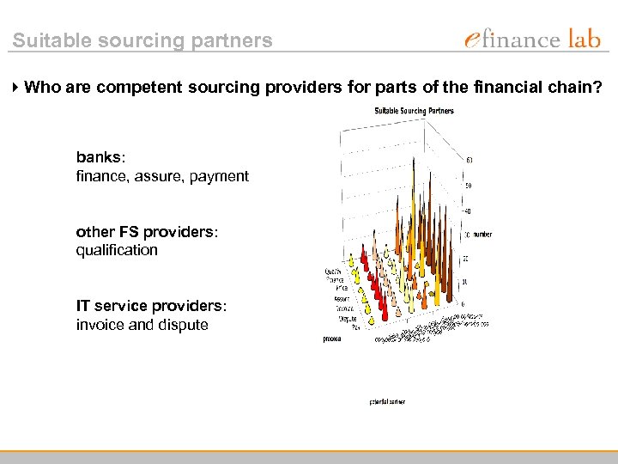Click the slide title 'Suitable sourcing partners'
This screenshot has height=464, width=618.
tap(142, 40)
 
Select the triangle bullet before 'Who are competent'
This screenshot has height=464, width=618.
tap(16, 87)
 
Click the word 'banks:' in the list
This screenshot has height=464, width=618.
tap(100, 158)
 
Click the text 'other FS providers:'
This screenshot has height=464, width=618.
tap(147, 232)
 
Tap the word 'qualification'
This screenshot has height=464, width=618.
tap(117, 250)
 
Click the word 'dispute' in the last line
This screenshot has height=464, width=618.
tap(181, 325)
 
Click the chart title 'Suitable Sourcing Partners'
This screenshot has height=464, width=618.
tap(413, 111)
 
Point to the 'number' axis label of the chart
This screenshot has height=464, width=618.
tap(481, 234)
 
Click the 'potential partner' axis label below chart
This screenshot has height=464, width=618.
tap(387, 401)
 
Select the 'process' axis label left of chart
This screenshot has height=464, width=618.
tap(331, 339)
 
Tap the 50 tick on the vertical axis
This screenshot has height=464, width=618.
tap(468, 185)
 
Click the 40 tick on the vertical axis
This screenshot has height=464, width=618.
tap(468, 210)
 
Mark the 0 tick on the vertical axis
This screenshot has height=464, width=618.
tap(464, 304)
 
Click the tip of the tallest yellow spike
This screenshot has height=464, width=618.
tap(414, 159)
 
